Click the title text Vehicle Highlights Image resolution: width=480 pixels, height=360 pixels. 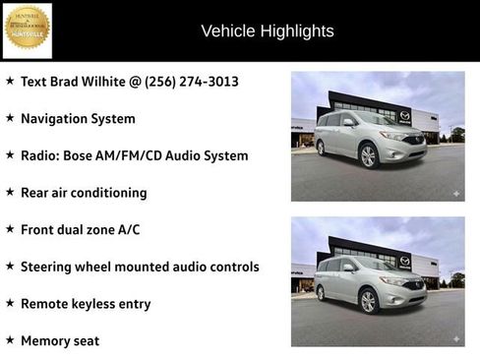[x=268, y=31]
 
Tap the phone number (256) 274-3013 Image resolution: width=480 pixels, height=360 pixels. [x=192, y=82]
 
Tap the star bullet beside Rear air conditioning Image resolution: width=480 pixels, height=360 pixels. [x=10, y=192]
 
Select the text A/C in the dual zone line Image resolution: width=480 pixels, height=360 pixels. [x=128, y=230]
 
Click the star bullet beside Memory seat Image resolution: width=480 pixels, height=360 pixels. [x=10, y=339]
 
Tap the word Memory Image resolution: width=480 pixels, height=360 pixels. [x=47, y=340]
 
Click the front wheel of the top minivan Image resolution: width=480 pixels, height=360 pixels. [x=370, y=156]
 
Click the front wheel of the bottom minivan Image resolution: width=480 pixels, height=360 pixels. [x=370, y=301]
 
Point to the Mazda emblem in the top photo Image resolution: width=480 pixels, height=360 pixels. [x=405, y=116]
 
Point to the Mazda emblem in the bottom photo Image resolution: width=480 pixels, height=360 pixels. [x=405, y=261]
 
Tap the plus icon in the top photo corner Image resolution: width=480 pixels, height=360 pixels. [x=455, y=194]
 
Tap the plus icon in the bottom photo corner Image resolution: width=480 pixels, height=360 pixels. [x=455, y=337]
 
